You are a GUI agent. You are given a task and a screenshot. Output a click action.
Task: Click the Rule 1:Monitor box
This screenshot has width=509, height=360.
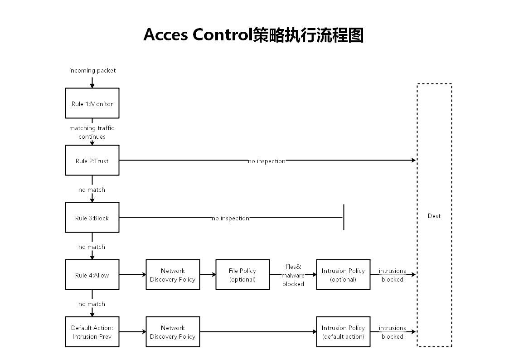(92, 103)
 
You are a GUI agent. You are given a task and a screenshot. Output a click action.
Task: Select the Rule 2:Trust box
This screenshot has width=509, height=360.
(92, 161)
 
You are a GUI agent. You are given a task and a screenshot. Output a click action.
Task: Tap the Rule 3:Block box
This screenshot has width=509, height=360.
(92, 218)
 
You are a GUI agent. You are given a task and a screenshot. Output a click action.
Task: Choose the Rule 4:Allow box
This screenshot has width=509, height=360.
(92, 275)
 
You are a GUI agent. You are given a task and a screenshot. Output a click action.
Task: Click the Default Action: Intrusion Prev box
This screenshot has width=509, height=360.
(92, 332)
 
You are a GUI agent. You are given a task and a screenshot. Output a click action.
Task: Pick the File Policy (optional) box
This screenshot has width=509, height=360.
(242, 275)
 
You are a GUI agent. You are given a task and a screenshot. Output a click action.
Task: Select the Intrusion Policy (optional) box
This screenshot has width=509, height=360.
(343, 275)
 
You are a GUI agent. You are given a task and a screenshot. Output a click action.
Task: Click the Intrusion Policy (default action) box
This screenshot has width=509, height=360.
(343, 332)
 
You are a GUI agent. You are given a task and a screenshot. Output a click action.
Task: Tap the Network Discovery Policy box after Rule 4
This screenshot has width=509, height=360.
(173, 275)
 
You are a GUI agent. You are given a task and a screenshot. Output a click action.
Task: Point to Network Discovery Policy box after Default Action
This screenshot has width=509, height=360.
(173, 332)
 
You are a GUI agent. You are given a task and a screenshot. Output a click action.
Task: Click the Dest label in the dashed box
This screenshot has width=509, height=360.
(434, 216)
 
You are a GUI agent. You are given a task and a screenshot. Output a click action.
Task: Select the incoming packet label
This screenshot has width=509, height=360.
(92, 70)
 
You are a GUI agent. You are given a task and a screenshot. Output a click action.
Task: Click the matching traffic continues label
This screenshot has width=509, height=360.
(92, 132)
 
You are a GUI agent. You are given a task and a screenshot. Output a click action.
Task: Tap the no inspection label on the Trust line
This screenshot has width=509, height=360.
(267, 161)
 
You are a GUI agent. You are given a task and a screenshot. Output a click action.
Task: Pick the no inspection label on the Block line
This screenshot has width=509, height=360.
(230, 218)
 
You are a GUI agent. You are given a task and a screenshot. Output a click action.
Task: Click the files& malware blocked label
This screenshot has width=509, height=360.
(293, 275)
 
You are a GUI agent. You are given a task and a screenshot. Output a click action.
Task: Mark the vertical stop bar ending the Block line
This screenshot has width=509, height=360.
(344, 217)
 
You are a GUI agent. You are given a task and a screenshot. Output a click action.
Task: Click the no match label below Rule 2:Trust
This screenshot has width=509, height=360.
(92, 190)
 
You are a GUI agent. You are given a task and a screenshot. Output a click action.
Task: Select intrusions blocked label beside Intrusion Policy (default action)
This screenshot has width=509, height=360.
(392, 332)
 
